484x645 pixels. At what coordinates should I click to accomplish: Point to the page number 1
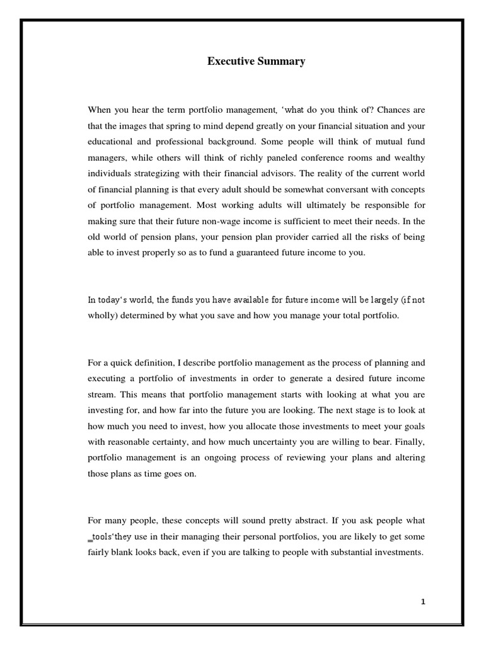click(x=423, y=602)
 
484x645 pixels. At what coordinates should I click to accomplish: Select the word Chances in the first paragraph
click(x=379, y=109)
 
